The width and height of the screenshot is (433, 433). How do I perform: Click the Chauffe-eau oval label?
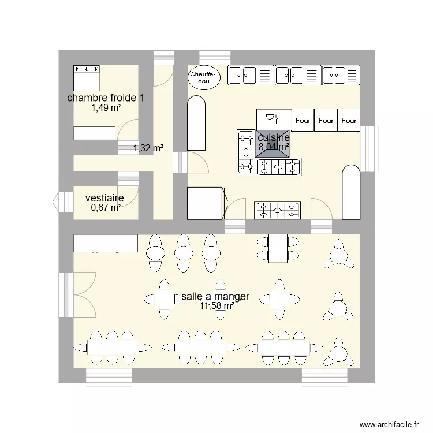(x=204, y=77)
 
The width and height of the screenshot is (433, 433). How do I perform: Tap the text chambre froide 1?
(x=106, y=98)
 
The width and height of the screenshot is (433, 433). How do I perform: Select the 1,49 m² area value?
(x=106, y=107)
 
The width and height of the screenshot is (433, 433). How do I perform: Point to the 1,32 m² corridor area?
(x=148, y=148)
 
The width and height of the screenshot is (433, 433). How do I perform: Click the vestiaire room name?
(x=104, y=198)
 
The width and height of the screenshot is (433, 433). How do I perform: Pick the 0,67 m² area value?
(x=106, y=207)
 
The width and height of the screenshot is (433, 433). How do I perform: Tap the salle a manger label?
(x=215, y=296)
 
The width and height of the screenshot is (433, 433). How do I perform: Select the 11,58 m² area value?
(x=216, y=306)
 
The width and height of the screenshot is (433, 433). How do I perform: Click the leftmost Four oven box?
(x=303, y=121)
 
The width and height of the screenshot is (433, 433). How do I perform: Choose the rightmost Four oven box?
(x=349, y=121)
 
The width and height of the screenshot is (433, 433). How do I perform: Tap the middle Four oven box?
(x=326, y=121)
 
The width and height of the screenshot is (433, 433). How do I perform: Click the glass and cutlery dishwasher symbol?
(x=273, y=120)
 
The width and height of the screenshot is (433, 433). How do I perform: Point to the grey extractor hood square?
(x=272, y=144)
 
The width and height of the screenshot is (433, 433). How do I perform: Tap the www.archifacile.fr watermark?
(x=389, y=424)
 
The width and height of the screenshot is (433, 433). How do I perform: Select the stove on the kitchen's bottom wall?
(x=278, y=210)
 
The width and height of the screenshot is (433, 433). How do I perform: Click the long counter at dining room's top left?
(x=106, y=243)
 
